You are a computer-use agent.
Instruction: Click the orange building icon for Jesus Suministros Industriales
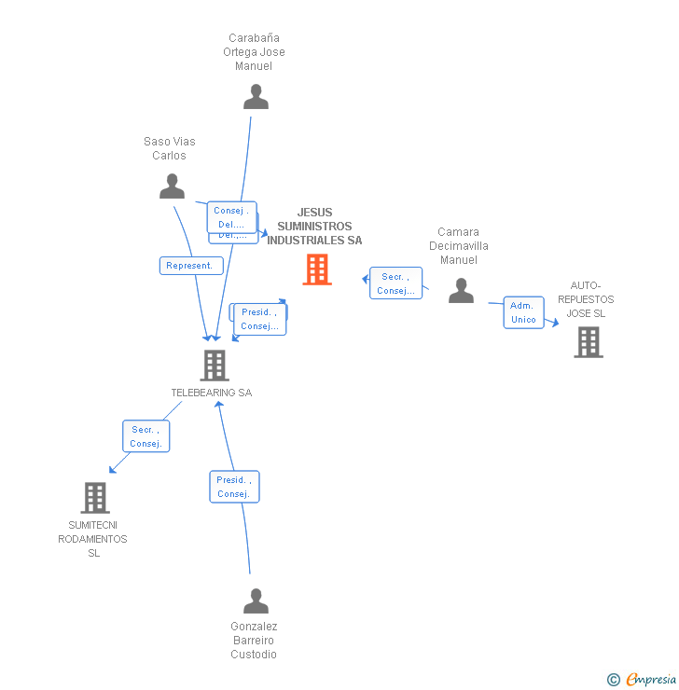(317, 269)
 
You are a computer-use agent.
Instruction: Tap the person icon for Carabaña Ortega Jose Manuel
(256, 97)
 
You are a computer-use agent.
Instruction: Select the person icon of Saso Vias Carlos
(172, 186)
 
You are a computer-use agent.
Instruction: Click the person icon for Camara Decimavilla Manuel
(461, 291)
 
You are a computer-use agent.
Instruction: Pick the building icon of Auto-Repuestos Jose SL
(588, 342)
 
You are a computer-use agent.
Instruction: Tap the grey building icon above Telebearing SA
(214, 366)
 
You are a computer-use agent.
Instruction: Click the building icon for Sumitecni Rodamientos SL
(95, 498)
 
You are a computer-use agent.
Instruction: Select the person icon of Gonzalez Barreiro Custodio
(256, 601)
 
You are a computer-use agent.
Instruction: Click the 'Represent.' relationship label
(190, 266)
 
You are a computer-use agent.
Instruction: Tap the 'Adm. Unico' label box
(523, 312)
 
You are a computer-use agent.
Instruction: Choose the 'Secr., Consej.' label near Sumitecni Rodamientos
(146, 436)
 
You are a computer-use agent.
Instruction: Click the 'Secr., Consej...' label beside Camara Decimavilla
(396, 283)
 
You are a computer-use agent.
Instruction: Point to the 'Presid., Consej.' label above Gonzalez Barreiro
(233, 487)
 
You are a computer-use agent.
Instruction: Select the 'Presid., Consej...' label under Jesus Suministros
(259, 319)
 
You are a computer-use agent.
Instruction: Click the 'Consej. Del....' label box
(231, 217)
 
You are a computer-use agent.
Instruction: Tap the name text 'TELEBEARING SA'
(212, 393)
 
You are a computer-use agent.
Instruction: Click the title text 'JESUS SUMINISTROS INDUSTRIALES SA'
(314, 227)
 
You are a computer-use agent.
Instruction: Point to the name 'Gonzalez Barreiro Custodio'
(254, 641)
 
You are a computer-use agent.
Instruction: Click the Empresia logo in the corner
(651, 680)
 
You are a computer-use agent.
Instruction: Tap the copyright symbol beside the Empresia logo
(614, 680)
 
